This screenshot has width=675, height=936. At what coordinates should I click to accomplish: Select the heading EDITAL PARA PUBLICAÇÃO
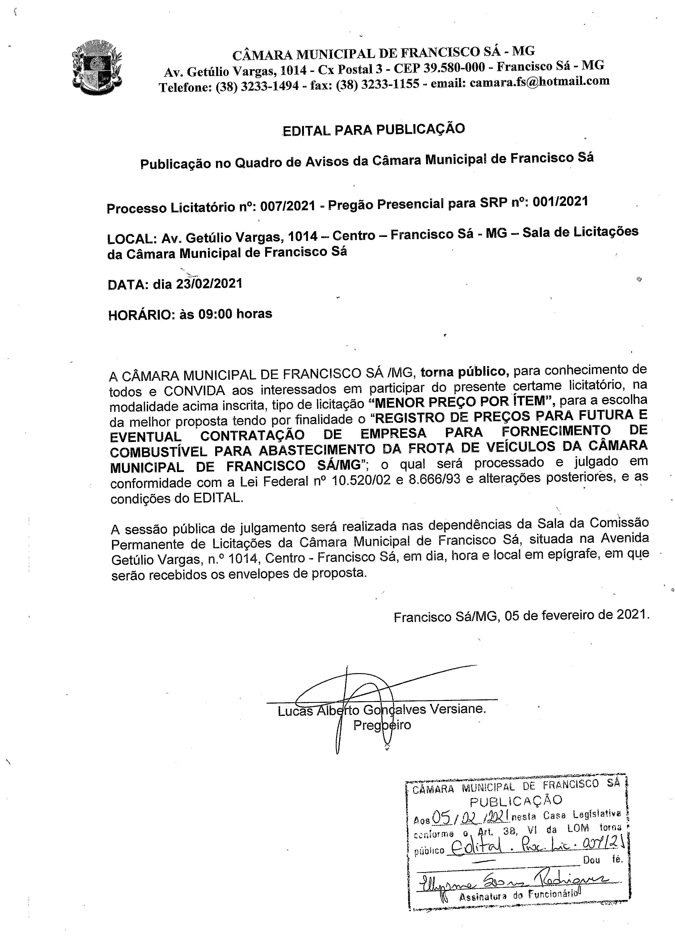373,130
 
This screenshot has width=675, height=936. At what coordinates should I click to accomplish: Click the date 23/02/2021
209,284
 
